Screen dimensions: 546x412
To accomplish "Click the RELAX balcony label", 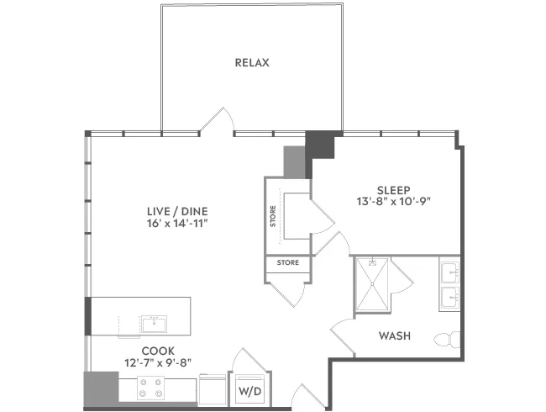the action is (252, 63).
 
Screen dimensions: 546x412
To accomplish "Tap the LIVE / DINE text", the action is (177, 211).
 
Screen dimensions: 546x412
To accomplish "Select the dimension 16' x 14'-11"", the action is (177, 223).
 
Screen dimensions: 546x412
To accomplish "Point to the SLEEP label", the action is (394, 190).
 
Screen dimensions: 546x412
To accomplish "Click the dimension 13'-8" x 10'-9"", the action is (394, 202).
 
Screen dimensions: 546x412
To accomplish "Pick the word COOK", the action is (158, 351).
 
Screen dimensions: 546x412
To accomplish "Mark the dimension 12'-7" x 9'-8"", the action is (158, 363).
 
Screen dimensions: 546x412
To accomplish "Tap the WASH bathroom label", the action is (395, 335).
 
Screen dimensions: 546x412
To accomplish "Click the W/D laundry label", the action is (249, 391).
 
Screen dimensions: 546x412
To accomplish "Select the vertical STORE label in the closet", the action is (273, 216).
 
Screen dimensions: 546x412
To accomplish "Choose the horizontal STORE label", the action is (287, 262).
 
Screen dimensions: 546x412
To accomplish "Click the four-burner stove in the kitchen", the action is (150, 388).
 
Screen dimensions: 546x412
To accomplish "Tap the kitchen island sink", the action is (154, 324).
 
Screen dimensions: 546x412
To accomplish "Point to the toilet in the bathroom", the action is (447, 340).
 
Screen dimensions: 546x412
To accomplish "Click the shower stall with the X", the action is (372, 283).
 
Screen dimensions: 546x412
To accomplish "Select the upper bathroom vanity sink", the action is (450, 272).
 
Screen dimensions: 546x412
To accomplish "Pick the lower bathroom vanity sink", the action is (450, 298).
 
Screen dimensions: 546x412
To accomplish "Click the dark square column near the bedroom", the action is (320, 145).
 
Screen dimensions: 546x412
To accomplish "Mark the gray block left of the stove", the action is (101, 389).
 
